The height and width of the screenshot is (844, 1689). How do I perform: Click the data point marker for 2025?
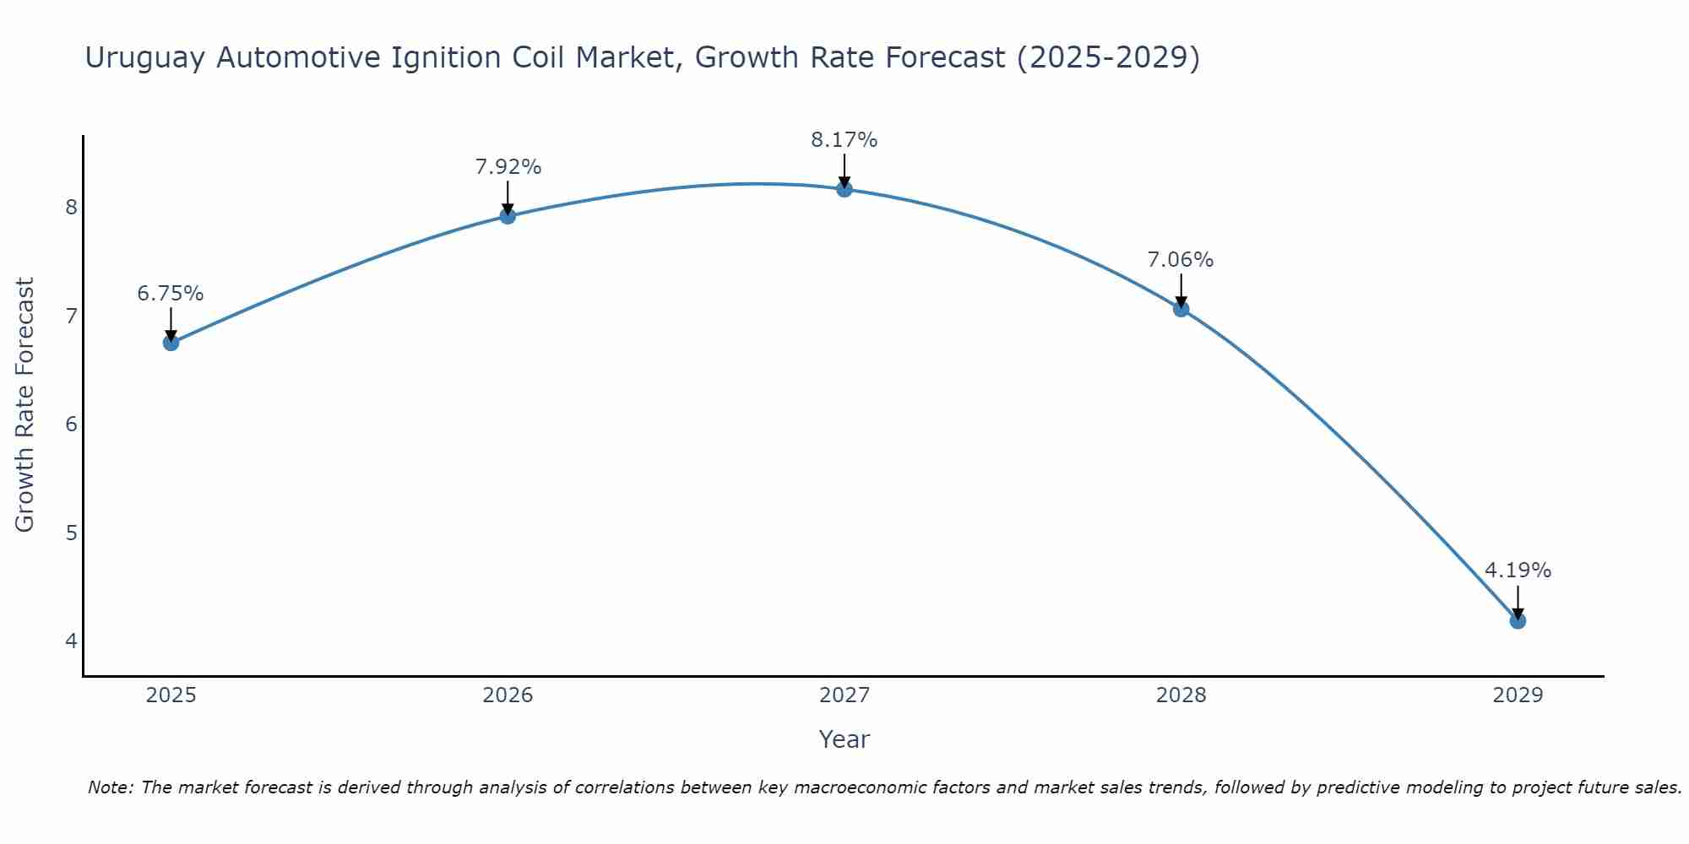tap(171, 343)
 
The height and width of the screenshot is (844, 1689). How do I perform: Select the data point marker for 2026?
tap(508, 216)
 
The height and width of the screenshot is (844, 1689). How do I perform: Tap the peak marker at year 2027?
tap(844, 189)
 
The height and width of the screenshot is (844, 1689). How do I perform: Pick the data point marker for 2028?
tap(1181, 309)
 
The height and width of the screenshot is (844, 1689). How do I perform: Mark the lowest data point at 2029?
tap(1518, 621)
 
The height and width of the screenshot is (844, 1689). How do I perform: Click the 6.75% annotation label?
tap(171, 294)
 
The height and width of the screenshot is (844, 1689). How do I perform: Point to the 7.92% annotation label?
tap(508, 167)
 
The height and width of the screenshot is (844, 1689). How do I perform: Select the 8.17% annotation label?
tap(844, 140)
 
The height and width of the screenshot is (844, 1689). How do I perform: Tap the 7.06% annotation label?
tap(1181, 260)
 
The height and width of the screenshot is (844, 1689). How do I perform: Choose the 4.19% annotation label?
tap(1518, 571)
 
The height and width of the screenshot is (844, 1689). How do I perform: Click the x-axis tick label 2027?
tap(844, 695)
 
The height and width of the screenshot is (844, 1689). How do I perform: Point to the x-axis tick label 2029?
tap(1518, 695)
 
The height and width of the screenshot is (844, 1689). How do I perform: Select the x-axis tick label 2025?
tap(171, 695)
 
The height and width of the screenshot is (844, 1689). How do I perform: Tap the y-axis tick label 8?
tap(71, 208)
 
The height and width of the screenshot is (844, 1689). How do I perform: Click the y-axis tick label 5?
tap(71, 533)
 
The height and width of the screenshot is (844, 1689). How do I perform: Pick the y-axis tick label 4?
tap(71, 641)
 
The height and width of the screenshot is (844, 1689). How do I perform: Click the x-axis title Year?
tap(844, 739)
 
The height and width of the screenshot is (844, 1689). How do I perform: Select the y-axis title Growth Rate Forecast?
tap(25, 405)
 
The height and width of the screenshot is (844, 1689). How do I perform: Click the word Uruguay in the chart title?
tap(145, 58)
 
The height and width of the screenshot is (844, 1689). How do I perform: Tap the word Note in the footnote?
tap(109, 787)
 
